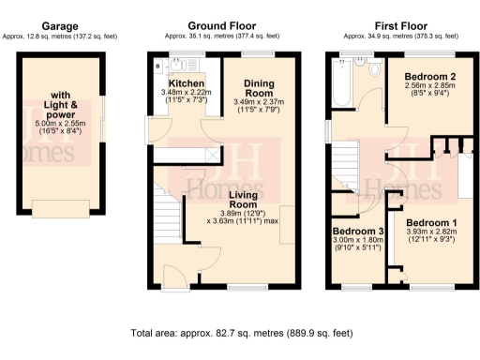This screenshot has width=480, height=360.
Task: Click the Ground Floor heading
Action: (222, 25)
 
